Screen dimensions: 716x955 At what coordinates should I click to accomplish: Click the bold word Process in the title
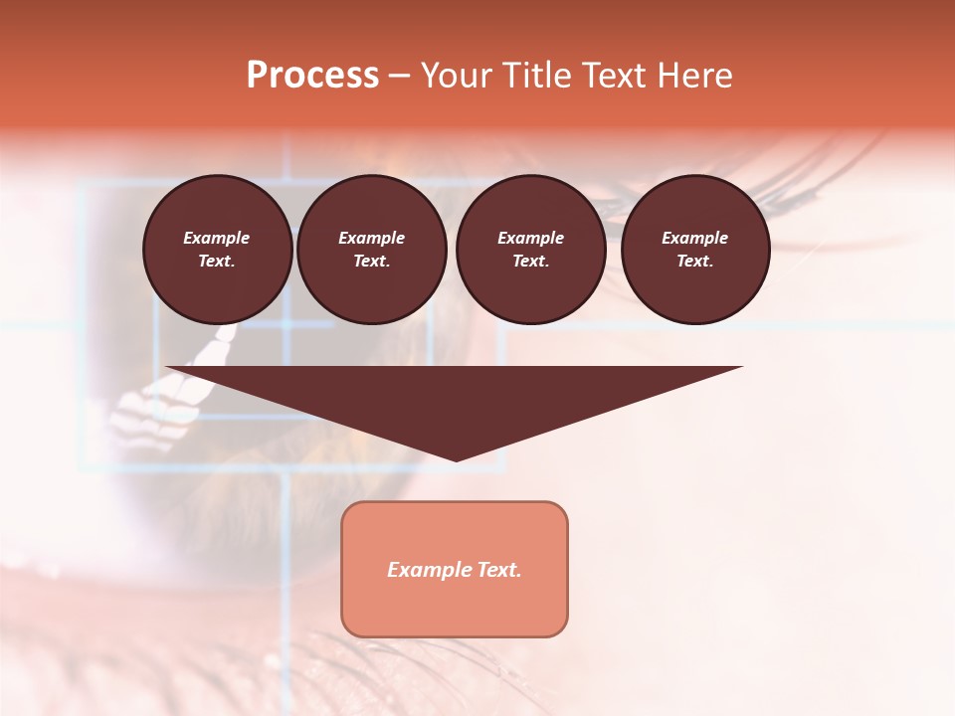312,76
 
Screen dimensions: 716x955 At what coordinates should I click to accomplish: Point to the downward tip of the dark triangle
456,458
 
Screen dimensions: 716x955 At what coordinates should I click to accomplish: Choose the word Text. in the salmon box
500,570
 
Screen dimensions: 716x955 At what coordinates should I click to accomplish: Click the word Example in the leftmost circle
217,238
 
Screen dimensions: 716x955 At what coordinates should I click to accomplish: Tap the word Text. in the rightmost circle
695,261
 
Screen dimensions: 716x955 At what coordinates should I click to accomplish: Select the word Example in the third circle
530,238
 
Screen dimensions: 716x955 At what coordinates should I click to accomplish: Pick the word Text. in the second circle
371,261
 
